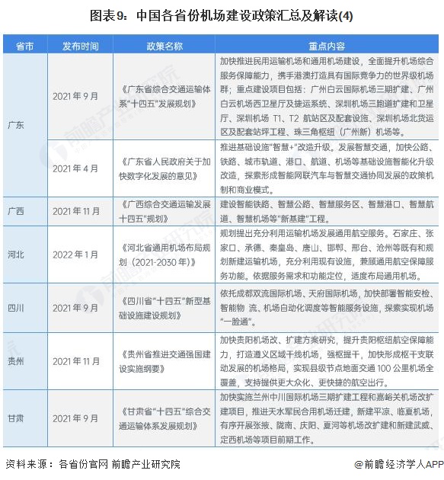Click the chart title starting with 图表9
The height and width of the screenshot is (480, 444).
pyautogui.click(x=222, y=14)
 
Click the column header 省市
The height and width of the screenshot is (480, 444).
pyautogui.click(x=24, y=46)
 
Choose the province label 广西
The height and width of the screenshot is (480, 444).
pyautogui.click(x=16, y=210)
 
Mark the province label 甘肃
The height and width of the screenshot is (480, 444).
pyautogui.click(x=16, y=418)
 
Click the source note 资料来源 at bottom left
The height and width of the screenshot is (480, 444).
pyautogui.click(x=92, y=463)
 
